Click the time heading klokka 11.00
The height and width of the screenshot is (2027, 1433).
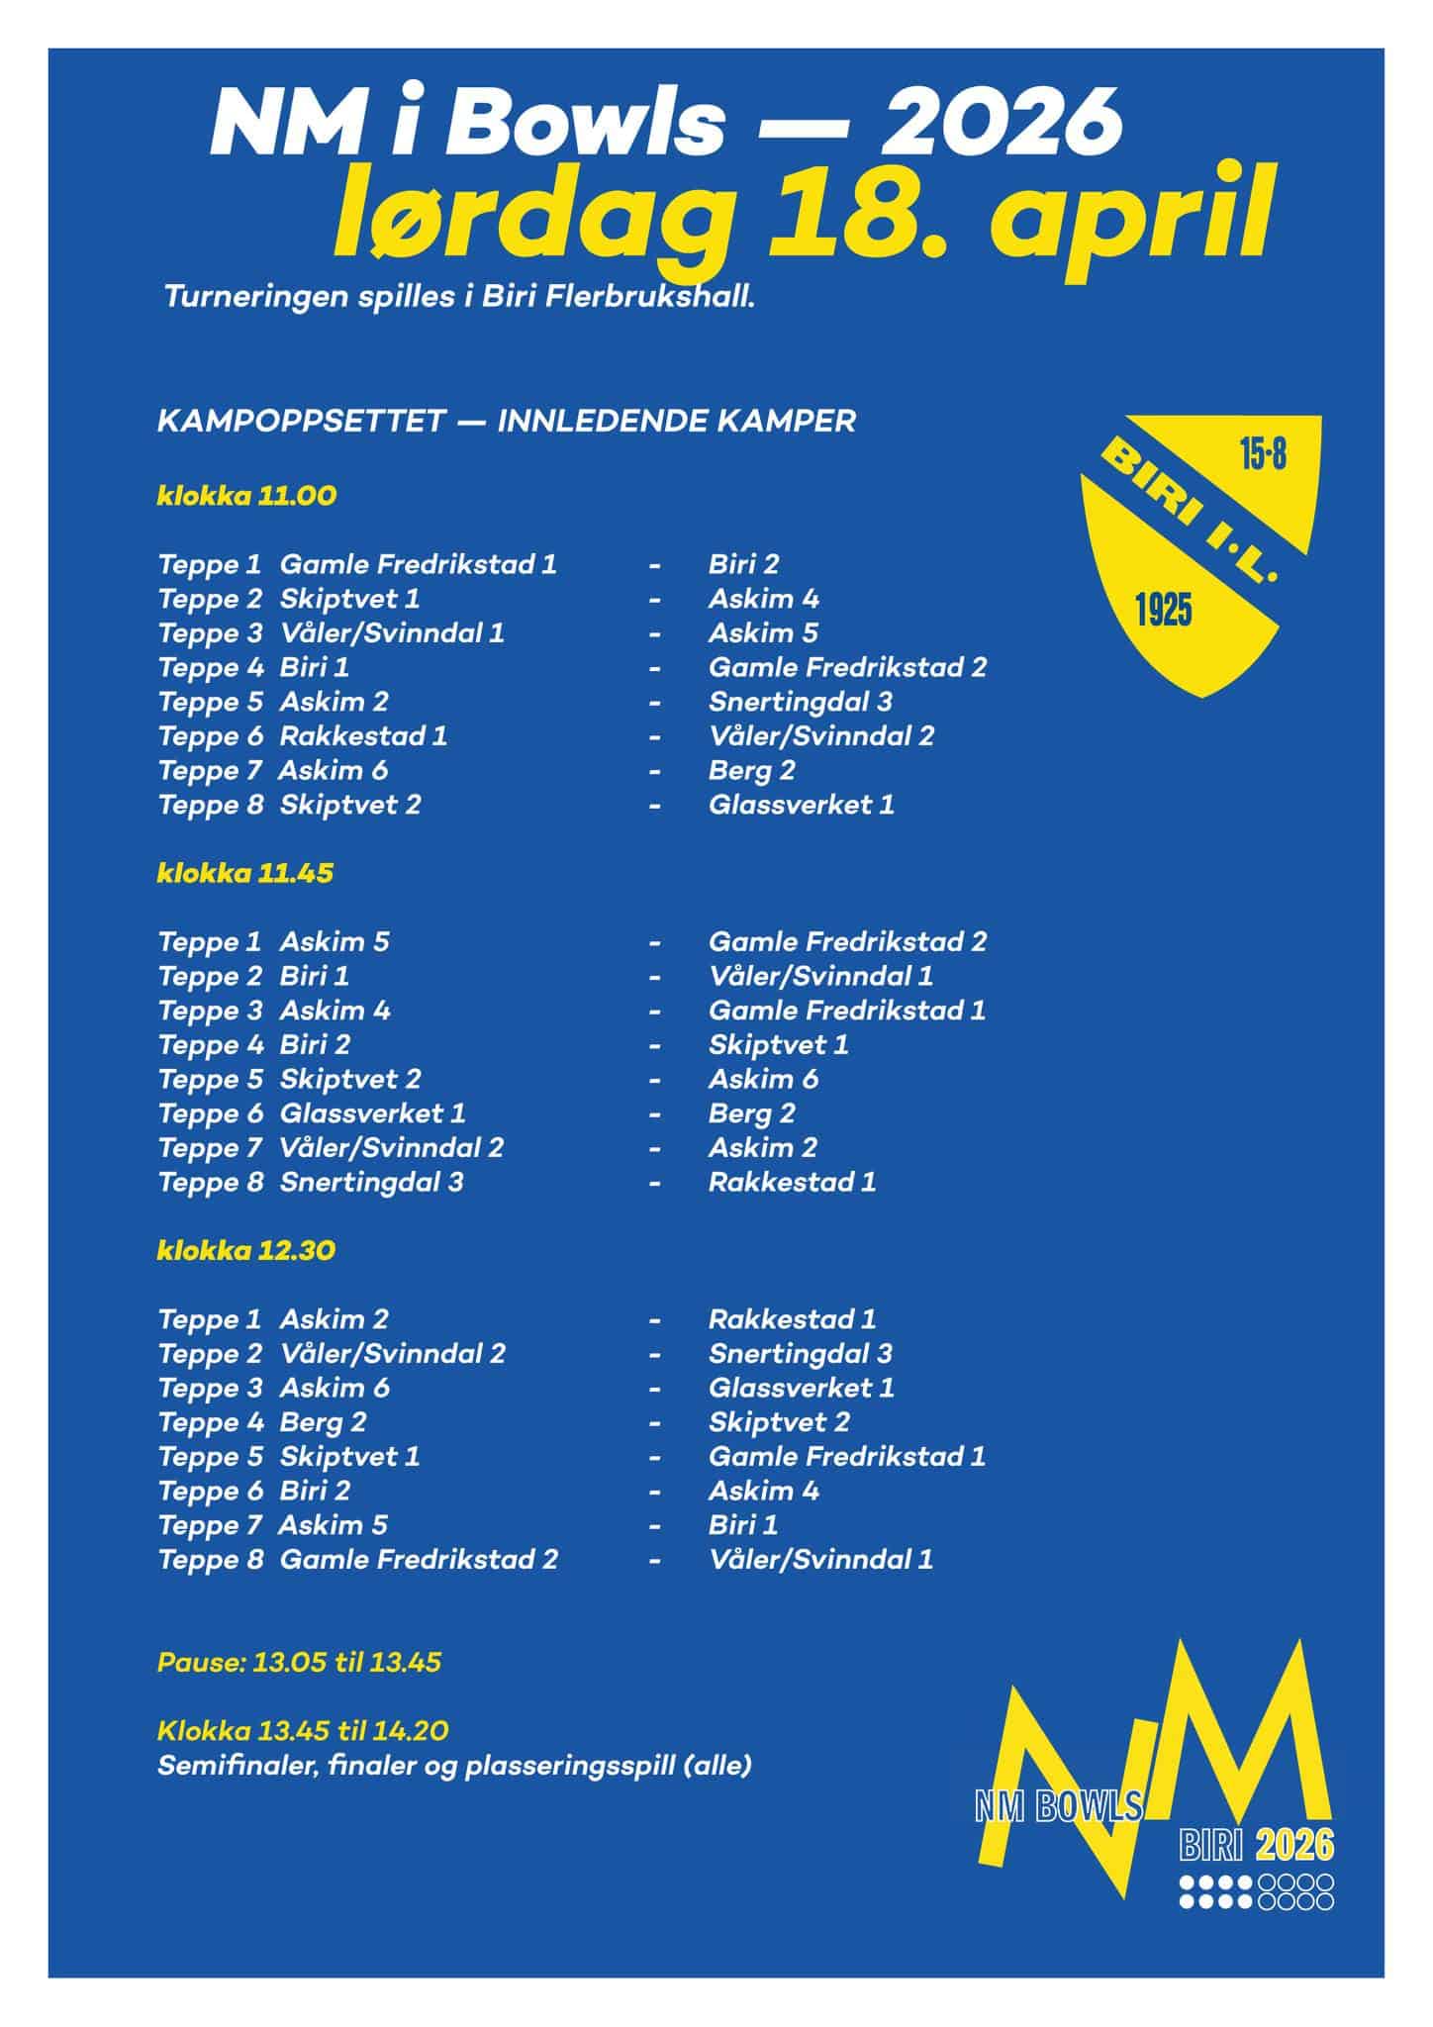(246, 496)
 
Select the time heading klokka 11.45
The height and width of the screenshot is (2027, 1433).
(245, 873)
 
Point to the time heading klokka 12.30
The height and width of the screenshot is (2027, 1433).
(246, 1250)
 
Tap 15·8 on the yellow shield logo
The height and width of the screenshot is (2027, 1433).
(1263, 456)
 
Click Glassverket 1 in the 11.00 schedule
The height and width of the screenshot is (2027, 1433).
(801, 805)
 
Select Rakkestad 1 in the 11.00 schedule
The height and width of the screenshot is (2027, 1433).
(363, 736)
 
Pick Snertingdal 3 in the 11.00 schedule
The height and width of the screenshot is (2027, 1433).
(800, 702)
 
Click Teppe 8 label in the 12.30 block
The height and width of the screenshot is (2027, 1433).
(210, 1559)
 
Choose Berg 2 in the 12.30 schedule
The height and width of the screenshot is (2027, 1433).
(323, 1422)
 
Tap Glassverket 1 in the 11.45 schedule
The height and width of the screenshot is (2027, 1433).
(372, 1113)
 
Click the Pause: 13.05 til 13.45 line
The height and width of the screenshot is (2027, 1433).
(299, 1662)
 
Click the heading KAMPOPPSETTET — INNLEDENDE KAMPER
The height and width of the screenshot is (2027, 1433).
(506, 421)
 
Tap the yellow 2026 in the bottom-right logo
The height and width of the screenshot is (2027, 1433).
(1294, 1845)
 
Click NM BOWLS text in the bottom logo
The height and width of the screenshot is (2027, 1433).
(1058, 1807)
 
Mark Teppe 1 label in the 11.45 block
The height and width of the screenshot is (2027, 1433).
(209, 942)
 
